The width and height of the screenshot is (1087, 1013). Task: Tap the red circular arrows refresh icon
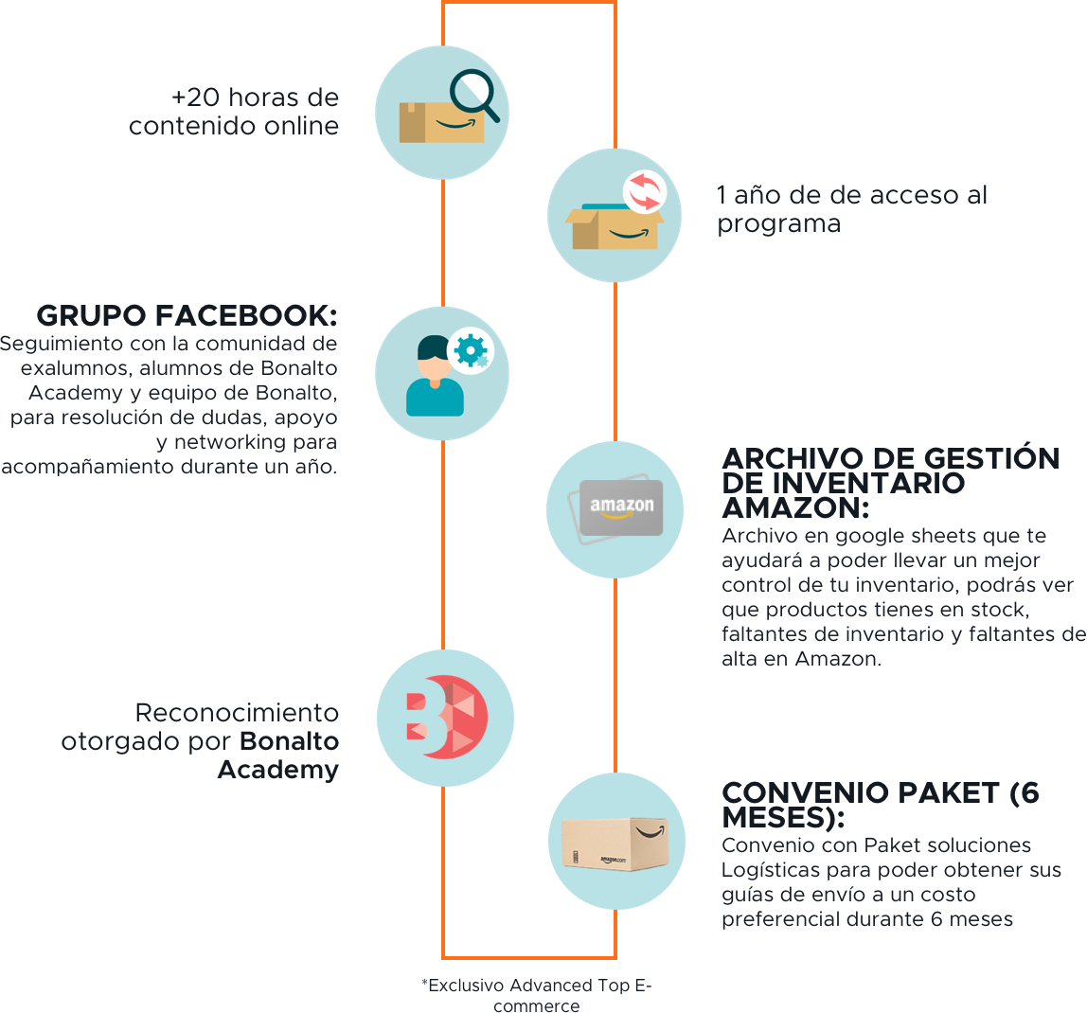[x=644, y=191]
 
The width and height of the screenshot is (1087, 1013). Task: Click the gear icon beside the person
[x=469, y=350]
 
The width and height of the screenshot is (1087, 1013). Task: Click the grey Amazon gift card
[x=621, y=507]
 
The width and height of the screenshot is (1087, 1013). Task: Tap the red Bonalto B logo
[x=445, y=718]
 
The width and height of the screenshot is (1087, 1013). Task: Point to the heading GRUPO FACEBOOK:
[x=187, y=315]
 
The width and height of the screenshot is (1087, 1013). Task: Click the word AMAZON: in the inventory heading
[x=794, y=507]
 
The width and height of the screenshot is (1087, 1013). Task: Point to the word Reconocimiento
[x=236, y=713]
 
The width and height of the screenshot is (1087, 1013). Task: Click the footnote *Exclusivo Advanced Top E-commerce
[x=536, y=995]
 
